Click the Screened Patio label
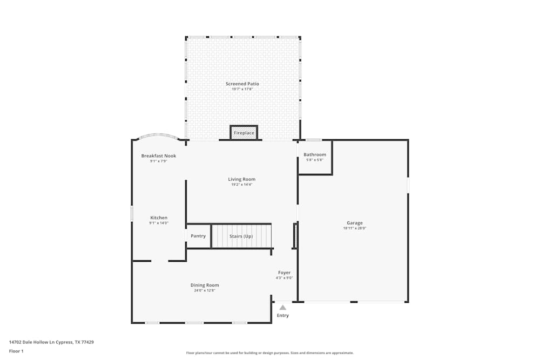point(242,84)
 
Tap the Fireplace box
point(244,133)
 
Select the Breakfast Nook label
point(159,156)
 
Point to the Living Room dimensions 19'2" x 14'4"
point(241,185)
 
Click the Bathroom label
point(315,154)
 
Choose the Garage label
point(354,223)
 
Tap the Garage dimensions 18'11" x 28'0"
point(354,228)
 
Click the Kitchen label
point(159,218)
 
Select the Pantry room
point(198,236)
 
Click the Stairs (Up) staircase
point(241,236)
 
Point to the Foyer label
point(284,273)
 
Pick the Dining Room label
point(205,285)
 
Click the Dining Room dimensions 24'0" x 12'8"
point(205,290)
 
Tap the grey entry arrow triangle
point(282,308)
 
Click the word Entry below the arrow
point(282,315)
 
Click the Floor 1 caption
point(16,351)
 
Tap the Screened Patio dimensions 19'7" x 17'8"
point(242,89)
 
